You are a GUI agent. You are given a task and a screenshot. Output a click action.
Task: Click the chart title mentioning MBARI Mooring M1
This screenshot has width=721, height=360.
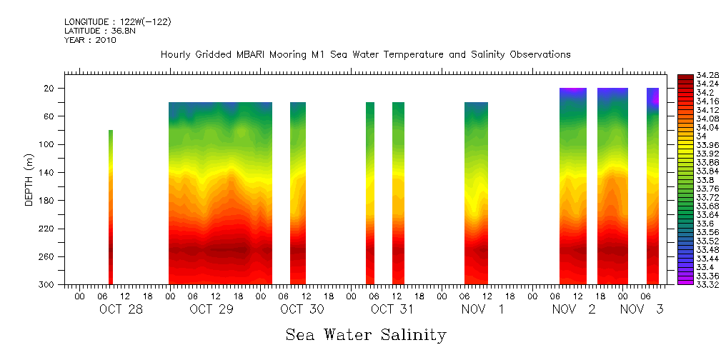tap(365, 55)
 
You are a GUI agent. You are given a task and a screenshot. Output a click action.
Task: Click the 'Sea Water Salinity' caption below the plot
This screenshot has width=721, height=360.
tap(366, 334)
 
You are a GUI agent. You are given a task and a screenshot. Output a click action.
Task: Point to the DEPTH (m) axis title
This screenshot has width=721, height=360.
tap(29, 179)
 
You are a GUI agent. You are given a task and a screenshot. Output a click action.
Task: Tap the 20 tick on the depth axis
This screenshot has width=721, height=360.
tap(49, 89)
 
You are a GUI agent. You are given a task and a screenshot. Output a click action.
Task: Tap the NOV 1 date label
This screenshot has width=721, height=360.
tap(482, 309)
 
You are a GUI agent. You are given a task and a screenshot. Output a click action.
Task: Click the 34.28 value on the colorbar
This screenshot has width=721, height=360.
tap(688, 76)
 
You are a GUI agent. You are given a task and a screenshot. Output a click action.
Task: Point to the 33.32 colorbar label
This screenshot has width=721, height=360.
tap(688, 284)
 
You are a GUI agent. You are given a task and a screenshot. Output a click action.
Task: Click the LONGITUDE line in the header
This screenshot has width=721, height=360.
tap(117, 22)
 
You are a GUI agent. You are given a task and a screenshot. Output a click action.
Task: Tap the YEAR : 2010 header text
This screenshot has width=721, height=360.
tap(90, 40)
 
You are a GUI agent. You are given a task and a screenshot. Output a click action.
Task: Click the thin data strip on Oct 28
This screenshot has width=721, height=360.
tap(111, 207)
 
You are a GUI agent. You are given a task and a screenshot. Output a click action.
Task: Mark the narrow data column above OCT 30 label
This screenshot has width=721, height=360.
tap(298, 193)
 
